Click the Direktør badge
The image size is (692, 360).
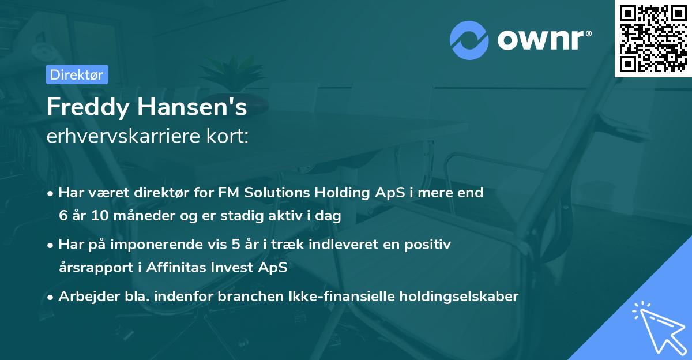[77, 74]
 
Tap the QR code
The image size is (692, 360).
[653, 39]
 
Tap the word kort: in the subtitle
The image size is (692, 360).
[227, 138]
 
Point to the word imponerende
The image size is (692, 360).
[163, 245]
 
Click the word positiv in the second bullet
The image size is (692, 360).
[430, 245]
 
